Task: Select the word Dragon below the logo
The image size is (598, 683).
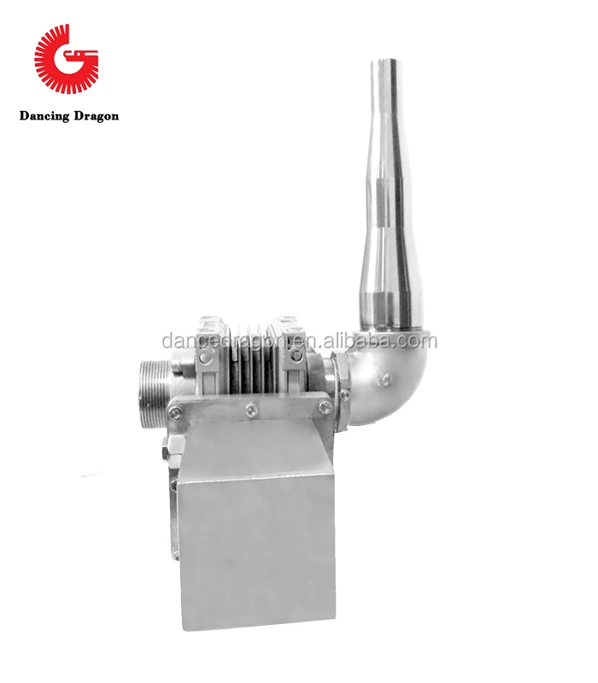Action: pos(94,116)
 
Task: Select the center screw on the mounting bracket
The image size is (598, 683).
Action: pos(249,412)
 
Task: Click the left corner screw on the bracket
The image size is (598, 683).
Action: pos(175,413)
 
